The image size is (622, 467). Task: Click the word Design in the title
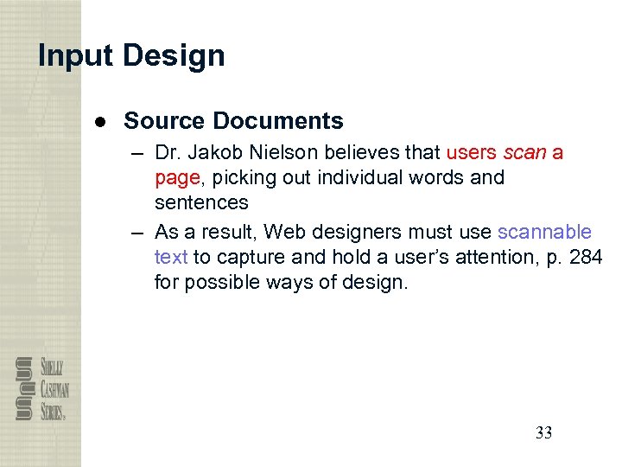click(x=174, y=56)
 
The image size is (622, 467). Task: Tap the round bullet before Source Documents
click(x=101, y=121)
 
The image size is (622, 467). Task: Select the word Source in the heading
click(x=164, y=121)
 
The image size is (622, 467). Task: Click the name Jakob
click(x=218, y=153)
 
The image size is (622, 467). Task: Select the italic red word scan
click(x=524, y=153)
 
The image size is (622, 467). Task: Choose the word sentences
click(x=201, y=202)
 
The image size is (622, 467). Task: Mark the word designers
click(x=349, y=232)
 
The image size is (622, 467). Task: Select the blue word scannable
click(x=544, y=232)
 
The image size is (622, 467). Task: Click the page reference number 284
click(x=586, y=257)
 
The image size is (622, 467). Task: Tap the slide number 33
click(x=543, y=433)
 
